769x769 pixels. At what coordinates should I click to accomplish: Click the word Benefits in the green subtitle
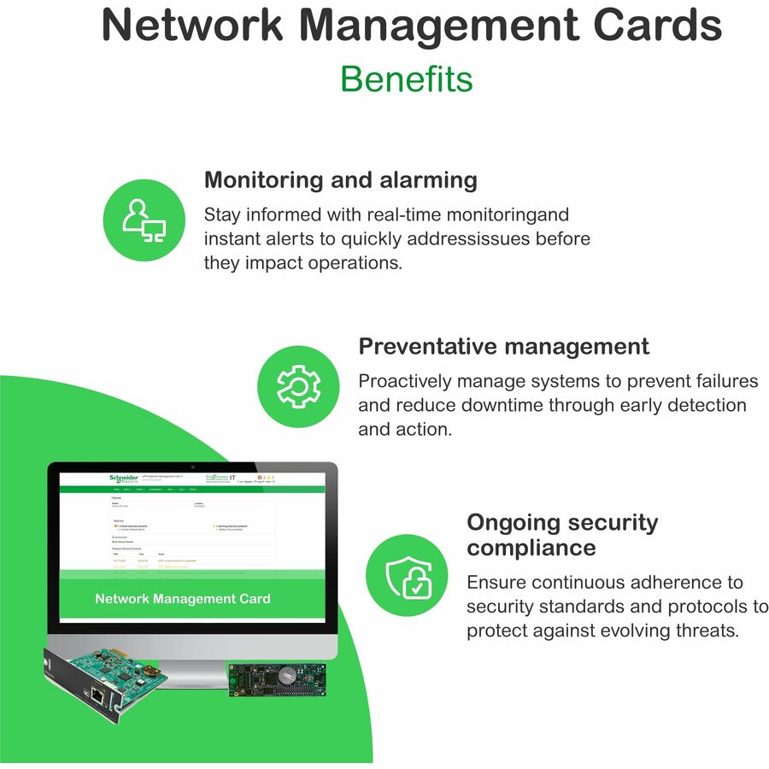pos(406,79)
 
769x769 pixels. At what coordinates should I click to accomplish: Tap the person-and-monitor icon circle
pos(144,220)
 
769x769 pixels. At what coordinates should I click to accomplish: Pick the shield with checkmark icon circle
pos(407,575)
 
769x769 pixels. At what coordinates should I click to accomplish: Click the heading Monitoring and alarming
pos(340,180)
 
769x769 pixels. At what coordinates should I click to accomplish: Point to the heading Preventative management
pos(503,346)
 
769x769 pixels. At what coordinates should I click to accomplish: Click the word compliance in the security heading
pos(531,547)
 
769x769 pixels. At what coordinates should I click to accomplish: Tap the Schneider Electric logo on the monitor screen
pos(124,478)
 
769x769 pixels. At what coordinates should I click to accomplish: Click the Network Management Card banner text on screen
pos(183,599)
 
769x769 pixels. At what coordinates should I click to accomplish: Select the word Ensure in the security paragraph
pos(496,583)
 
